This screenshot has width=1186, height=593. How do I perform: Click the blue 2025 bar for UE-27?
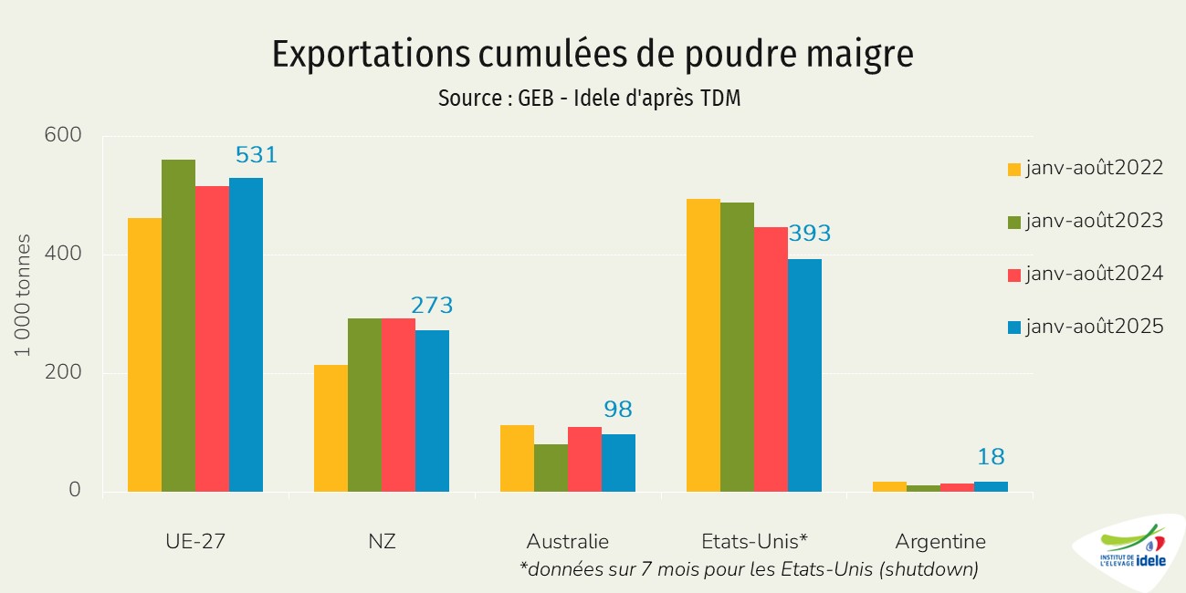coord(246,335)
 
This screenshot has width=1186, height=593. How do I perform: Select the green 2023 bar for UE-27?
coord(178,326)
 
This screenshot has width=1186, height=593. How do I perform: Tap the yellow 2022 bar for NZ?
coord(331,428)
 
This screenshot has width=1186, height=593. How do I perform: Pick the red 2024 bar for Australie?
coord(584,459)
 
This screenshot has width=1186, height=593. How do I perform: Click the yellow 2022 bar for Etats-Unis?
coord(703,345)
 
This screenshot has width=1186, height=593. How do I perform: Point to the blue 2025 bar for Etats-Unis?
coord(804,375)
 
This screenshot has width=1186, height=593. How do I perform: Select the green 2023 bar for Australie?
coord(551,467)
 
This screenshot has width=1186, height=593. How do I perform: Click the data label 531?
coord(256,155)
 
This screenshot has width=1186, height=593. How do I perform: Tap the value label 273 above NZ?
coord(432,306)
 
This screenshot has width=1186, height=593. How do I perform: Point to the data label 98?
coord(617,410)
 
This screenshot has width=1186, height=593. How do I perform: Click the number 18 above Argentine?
coord(991,457)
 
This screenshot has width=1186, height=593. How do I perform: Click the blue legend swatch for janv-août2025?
coord(1013,327)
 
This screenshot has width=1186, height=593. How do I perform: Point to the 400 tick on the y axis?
coord(62,254)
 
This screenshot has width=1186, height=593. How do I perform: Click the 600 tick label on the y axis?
coord(62,136)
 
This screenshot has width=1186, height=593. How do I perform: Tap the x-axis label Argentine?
coord(940,541)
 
